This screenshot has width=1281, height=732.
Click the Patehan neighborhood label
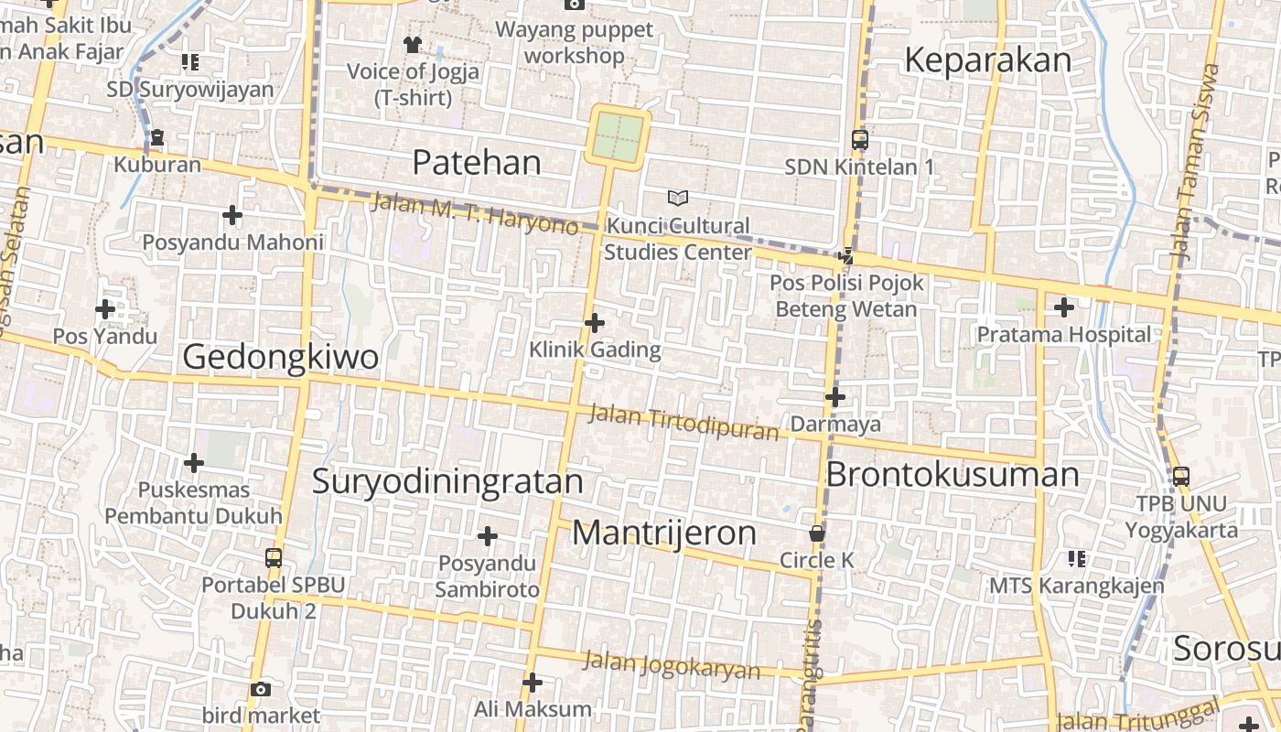point(476,163)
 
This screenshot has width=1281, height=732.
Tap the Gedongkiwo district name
point(281,357)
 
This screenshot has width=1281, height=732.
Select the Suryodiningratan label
point(447,481)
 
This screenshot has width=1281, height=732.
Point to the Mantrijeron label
point(664,533)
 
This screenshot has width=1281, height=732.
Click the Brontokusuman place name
point(953,475)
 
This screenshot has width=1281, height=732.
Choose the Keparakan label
point(987,60)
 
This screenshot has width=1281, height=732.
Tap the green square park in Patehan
point(619,136)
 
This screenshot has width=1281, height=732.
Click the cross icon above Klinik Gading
point(595,323)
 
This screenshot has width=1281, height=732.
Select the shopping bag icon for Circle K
point(817,533)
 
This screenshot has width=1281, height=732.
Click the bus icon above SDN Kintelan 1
point(859,140)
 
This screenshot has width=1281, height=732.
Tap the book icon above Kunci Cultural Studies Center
point(677,198)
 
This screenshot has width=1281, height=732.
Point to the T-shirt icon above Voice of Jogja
point(413,44)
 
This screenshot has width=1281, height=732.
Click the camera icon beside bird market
point(261,689)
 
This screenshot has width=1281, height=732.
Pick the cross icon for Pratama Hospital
point(1063,308)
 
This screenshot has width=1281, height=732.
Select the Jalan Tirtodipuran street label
point(683,422)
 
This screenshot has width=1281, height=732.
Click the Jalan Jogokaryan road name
point(672,665)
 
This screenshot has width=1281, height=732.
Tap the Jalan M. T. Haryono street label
point(474,212)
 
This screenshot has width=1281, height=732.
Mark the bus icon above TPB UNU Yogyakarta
point(1181,477)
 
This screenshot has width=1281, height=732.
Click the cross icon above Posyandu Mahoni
point(232,216)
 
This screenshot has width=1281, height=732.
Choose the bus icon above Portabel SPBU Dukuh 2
point(273,557)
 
